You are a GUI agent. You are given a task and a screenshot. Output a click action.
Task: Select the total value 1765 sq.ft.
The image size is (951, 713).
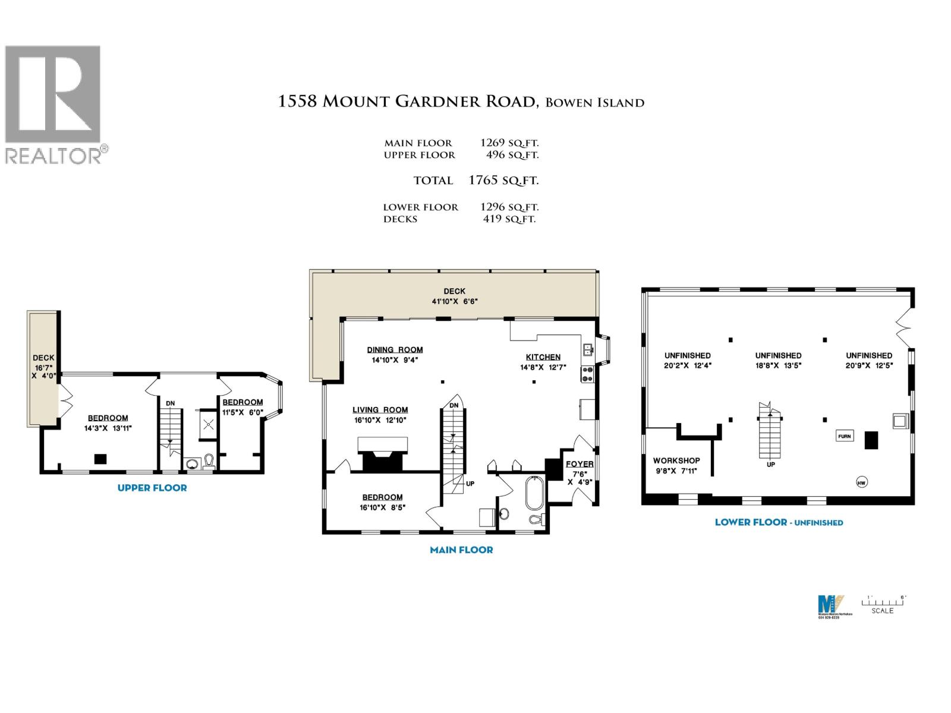(503, 180)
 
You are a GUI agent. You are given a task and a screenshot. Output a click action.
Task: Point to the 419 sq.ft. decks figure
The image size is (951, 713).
(509, 219)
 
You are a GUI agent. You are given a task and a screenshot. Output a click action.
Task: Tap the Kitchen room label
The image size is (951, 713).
(543, 357)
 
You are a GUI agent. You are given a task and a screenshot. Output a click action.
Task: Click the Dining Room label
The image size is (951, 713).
(395, 350)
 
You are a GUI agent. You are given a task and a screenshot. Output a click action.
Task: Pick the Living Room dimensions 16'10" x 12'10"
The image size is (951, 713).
(380, 420)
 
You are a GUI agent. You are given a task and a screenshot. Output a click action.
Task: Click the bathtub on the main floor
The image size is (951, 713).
(534, 492)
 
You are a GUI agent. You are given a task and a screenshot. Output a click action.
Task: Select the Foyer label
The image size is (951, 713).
(579, 464)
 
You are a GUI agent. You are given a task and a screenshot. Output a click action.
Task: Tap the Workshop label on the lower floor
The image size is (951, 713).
(676, 460)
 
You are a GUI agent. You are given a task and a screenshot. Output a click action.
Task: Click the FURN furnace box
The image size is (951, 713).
(844, 436)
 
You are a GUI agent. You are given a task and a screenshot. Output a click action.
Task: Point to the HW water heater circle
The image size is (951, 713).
(861, 482)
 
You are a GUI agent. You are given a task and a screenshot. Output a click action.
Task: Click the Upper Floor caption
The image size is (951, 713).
(152, 488)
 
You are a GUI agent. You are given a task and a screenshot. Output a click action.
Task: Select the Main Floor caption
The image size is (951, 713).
(461, 550)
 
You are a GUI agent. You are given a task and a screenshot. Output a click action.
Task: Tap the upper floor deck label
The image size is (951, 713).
(43, 358)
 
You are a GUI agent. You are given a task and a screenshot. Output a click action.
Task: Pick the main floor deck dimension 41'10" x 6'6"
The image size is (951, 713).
(455, 301)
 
